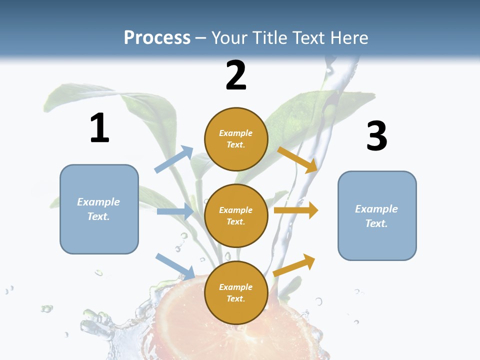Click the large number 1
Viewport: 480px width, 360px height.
(99, 128)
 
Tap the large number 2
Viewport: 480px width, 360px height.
(236, 75)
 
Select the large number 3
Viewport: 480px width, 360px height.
(376, 136)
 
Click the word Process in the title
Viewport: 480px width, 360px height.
(157, 37)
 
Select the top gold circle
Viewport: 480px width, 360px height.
(236, 139)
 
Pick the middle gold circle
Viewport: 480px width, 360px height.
(236, 215)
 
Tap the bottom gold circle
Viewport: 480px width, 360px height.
(236, 292)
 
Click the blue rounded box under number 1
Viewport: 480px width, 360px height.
(99, 209)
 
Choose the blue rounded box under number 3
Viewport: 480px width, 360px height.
(377, 215)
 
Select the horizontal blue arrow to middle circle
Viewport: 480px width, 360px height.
(175, 211)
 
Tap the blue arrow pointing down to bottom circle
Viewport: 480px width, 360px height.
(175, 265)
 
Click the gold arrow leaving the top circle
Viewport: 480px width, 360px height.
(297, 159)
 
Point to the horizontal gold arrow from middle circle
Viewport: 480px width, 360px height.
(296, 210)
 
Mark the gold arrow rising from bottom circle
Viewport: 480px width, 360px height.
(294, 265)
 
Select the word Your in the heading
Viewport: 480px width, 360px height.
(230, 37)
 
